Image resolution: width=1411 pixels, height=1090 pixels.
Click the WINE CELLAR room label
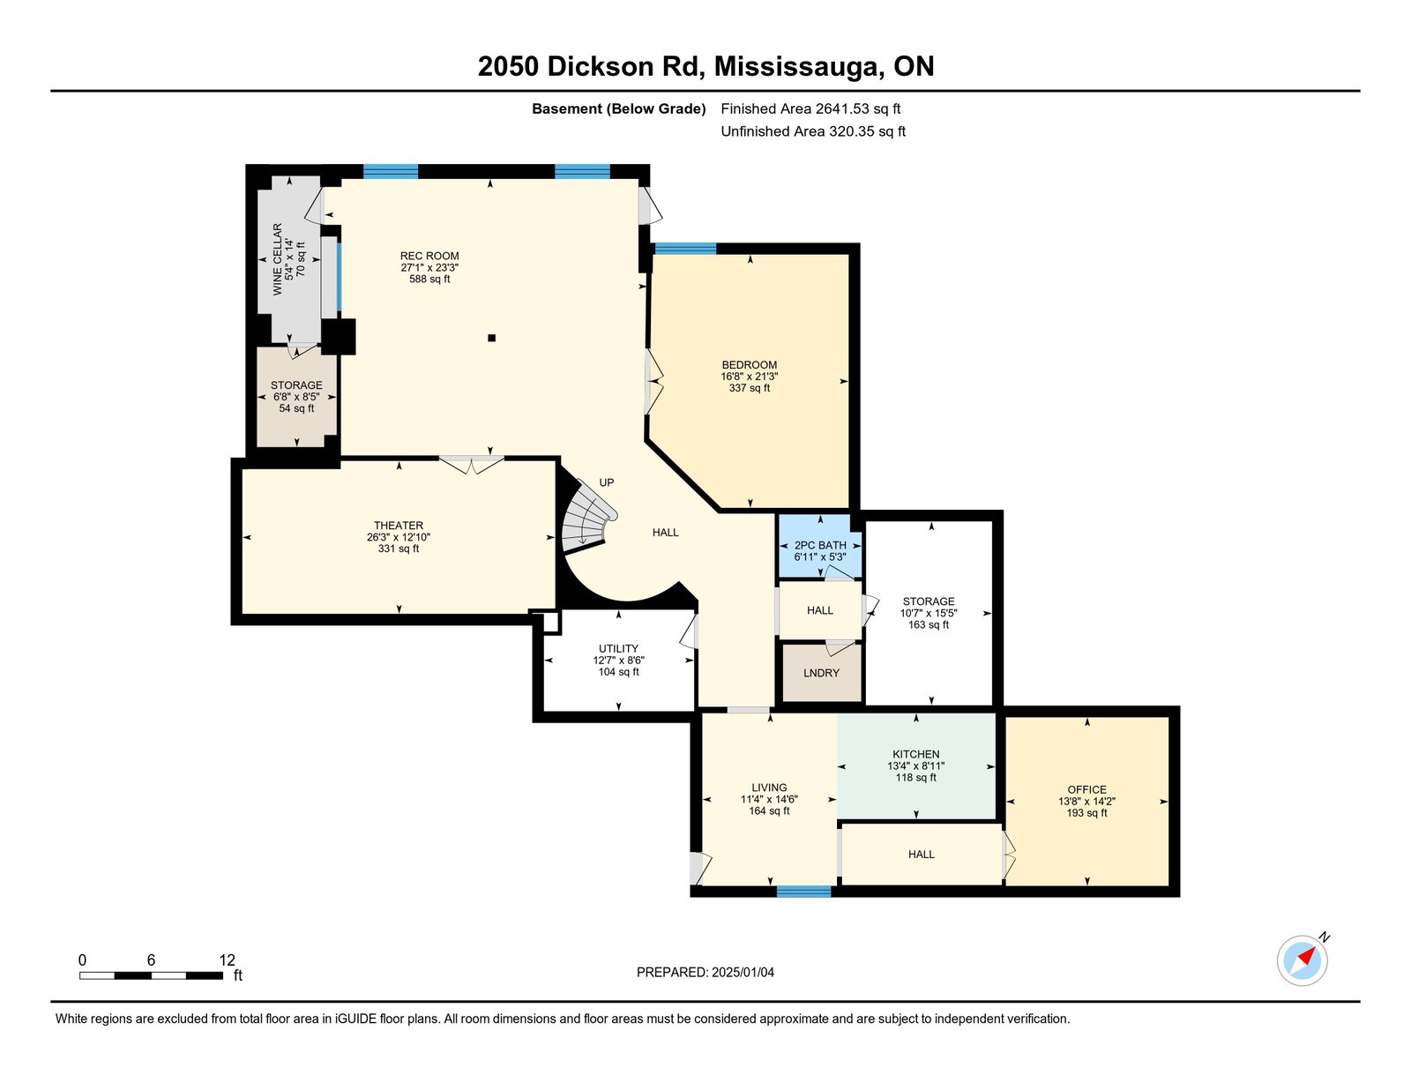pos(277,259)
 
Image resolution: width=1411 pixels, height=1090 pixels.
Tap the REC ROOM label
pos(429,256)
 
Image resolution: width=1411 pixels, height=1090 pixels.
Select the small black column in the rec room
pos(491,338)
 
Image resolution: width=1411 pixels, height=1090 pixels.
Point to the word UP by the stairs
pos(606,482)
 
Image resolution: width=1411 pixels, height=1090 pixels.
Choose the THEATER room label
pos(398,526)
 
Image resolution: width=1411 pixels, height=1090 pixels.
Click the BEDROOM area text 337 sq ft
pos(750,388)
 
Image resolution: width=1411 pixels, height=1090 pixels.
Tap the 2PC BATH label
pos(820,545)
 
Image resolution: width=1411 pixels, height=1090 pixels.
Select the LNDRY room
pos(821,673)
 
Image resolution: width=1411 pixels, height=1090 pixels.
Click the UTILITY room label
pos(618,648)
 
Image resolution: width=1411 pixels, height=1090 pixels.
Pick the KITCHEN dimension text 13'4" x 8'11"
pos(915,765)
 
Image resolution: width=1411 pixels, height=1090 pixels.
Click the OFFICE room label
pos(1086,789)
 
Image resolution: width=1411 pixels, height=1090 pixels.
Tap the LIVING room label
pos(769,788)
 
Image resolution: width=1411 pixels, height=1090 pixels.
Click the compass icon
pos(1302,961)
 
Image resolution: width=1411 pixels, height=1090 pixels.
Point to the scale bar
pos(152,975)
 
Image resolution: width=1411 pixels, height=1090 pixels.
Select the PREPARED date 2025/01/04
pos(743,973)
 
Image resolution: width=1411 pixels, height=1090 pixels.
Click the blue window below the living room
pos(804,892)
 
